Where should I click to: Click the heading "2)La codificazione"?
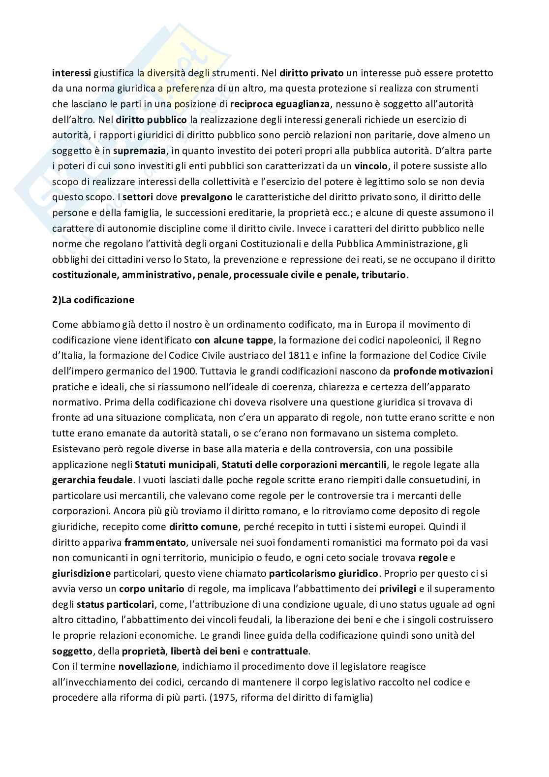pyautogui.click(x=93, y=300)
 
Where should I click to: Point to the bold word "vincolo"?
pyautogui.click(x=371, y=166)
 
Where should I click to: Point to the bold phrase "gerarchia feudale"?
pyautogui.click(x=92, y=480)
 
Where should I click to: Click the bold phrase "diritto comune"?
pyautogui.click(x=204, y=527)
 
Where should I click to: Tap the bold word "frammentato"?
pyautogui.click(x=155, y=542)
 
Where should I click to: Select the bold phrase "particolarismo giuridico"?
pyautogui.click(x=324, y=573)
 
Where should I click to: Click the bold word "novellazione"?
pyautogui.click(x=147, y=667)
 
